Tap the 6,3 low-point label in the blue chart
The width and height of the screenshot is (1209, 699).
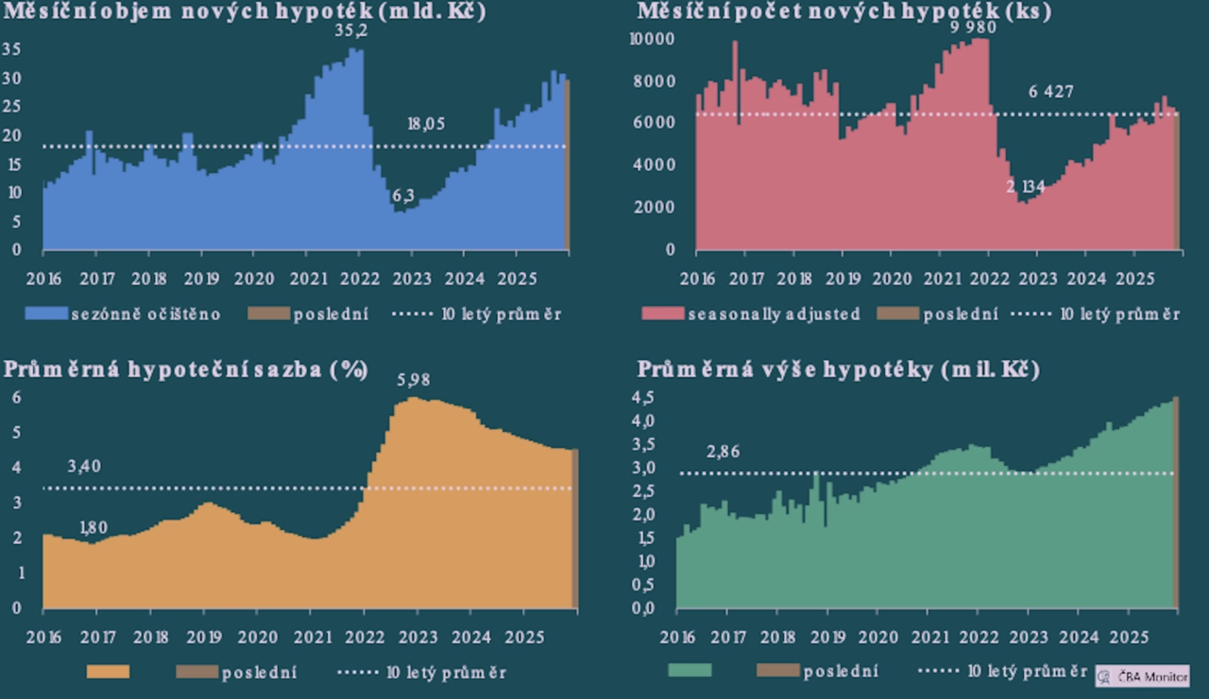[x=402, y=196]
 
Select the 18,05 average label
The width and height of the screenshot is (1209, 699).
[x=426, y=124]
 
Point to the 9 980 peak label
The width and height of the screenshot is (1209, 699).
[x=973, y=26]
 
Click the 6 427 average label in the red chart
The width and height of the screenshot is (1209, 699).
[x=1050, y=92]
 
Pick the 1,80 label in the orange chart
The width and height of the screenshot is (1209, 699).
[x=94, y=528]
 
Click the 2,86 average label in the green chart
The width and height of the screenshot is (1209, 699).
[x=723, y=452]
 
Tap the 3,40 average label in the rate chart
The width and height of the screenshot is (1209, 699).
[x=84, y=466]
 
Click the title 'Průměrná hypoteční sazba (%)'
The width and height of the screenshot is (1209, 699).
[x=185, y=369]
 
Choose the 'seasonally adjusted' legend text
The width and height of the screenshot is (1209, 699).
[x=774, y=314]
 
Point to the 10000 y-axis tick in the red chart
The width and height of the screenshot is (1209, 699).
[x=652, y=39]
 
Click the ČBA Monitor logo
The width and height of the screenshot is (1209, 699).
[x=1142, y=676]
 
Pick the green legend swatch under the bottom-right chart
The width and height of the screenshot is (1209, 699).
[x=690, y=671]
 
